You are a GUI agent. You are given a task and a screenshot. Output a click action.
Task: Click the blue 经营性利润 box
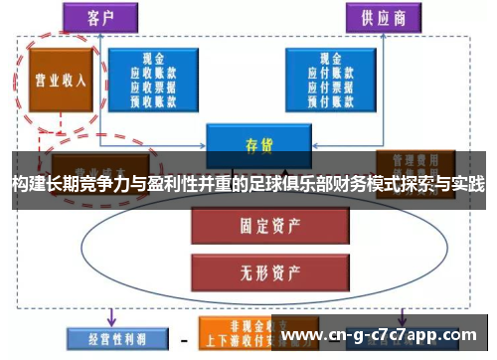[107, 334]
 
